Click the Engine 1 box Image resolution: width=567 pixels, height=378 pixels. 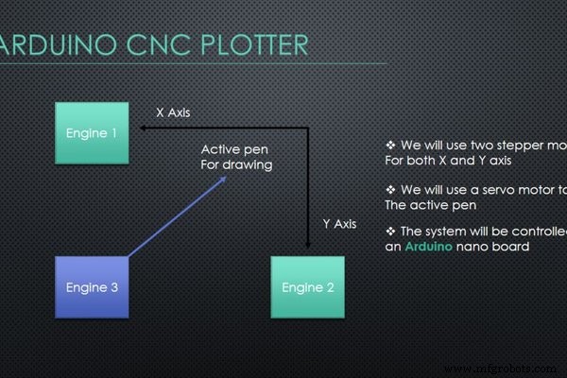pos(92,132)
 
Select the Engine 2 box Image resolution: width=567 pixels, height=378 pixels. pos(304,286)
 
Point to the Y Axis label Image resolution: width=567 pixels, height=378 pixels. pos(339,224)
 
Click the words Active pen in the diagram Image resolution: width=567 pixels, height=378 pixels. pos(235,149)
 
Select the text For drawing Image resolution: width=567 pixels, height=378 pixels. pos(236,165)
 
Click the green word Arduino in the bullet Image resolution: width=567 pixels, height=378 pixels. pos(433,247)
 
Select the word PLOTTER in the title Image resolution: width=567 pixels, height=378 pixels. pos(253,44)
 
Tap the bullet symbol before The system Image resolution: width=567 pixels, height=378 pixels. pos(390,232)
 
